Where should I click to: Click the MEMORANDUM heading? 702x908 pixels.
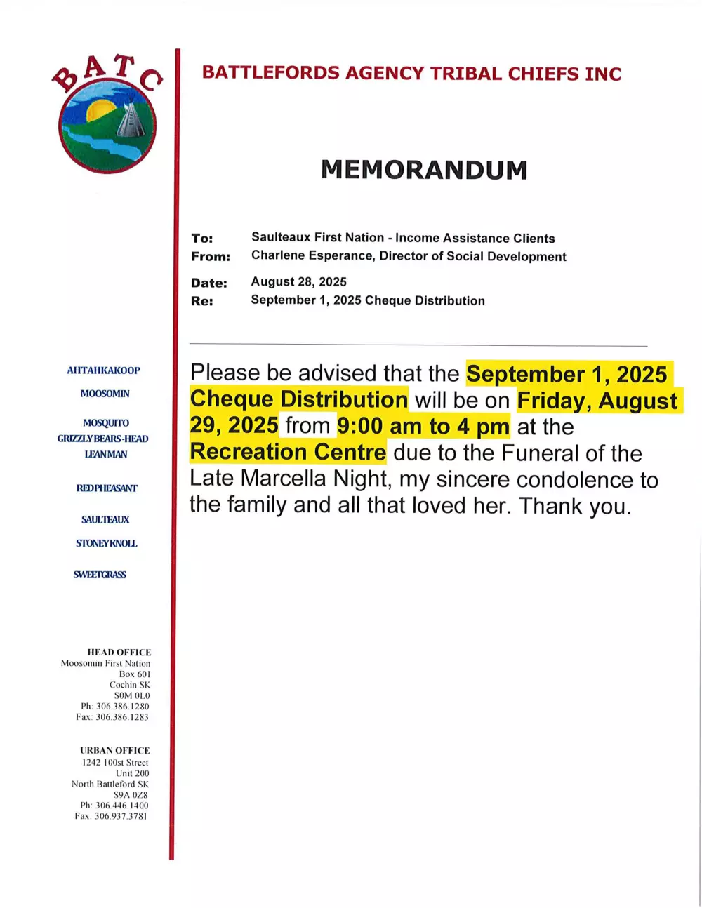coord(424,170)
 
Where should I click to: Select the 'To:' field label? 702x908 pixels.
coord(202,239)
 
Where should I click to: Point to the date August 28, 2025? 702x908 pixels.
coord(299,282)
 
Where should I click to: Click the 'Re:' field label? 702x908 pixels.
coord(202,302)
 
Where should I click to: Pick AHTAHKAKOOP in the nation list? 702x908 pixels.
coord(103,370)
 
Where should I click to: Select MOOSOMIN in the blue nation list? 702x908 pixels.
coord(105,394)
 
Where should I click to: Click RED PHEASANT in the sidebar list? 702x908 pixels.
coord(107,488)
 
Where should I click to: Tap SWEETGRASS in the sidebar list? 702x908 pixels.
coord(100,575)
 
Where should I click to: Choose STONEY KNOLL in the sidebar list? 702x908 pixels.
coord(107,544)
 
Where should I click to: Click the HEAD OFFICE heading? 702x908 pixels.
coord(119,653)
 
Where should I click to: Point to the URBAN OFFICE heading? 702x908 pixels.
coord(115,751)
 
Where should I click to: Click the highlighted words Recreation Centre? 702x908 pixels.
coord(288,452)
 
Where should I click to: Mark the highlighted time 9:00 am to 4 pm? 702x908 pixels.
coord(423,426)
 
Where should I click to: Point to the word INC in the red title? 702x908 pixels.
coord(603,74)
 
